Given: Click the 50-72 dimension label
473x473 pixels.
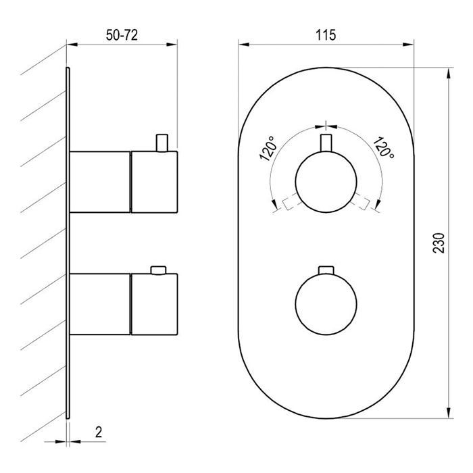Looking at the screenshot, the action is (122, 35).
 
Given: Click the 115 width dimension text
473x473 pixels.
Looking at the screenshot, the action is (326, 35).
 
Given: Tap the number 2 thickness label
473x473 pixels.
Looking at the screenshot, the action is (99, 432).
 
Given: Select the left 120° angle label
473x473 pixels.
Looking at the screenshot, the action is (268, 149).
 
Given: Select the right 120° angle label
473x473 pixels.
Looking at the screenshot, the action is (383, 148).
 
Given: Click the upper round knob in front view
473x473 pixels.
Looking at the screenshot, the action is (326, 182).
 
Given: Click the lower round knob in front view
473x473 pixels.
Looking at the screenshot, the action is (326, 304).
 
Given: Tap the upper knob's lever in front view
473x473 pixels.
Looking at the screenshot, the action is (326, 143).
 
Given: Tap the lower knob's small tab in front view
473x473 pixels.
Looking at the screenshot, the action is (326, 270).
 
